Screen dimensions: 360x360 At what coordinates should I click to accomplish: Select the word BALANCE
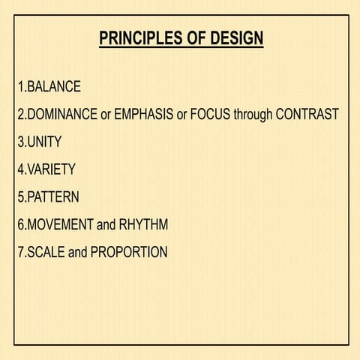[54, 86]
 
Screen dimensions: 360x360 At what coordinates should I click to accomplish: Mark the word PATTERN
[52, 197]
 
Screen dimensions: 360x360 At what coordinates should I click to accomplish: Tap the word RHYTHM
[143, 225]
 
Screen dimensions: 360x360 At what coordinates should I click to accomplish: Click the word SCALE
[46, 253]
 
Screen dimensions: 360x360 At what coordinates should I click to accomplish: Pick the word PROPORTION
[129, 253]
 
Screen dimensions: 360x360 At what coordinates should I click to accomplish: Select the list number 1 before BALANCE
[20, 86]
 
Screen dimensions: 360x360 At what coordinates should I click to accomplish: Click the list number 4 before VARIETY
[20, 169]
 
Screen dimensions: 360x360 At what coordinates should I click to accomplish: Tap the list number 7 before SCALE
[20, 253]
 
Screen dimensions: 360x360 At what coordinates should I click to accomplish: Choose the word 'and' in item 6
[107, 225]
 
